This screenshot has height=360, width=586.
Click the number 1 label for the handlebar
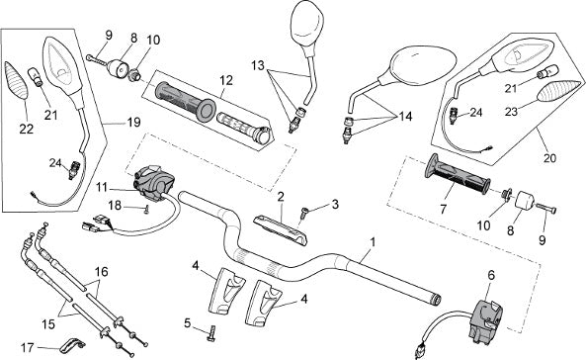click(x=372, y=242)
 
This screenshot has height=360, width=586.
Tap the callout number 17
click(x=28, y=348)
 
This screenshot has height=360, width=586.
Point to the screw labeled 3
click(x=304, y=214)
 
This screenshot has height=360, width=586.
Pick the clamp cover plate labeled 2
click(x=281, y=229)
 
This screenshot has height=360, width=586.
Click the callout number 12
click(x=226, y=80)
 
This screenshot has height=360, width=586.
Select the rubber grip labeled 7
click(x=458, y=174)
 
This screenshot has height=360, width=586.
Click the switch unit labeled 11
click(x=154, y=183)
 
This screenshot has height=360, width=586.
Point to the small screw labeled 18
click(x=147, y=209)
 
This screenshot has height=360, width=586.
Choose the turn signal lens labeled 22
click(x=16, y=80)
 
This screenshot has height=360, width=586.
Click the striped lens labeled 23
click(x=559, y=91)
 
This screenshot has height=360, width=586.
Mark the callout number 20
click(x=549, y=158)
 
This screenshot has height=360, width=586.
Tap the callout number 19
click(x=133, y=122)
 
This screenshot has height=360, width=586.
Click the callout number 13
click(x=258, y=65)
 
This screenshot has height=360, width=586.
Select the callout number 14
click(x=405, y=117)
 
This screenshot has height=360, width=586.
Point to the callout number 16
click(x=101, y=271)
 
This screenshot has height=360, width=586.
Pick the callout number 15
click(x=48, y=324)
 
